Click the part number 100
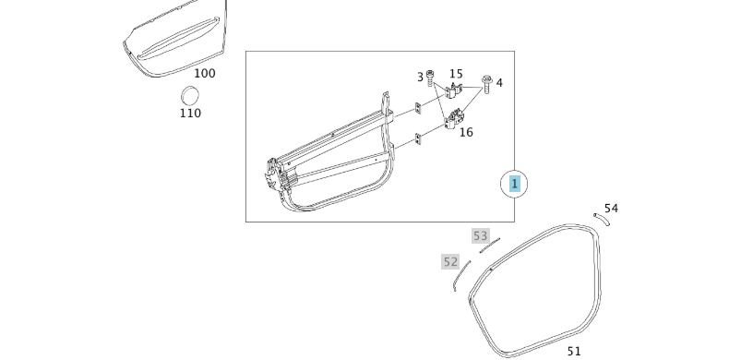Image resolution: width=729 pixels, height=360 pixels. click(204, 72)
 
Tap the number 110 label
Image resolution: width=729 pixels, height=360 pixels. click(190, 114)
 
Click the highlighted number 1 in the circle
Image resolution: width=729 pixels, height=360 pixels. click(514, 184)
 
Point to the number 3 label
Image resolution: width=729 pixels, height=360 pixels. click(420, 78)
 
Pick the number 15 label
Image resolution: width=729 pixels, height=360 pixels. click(456, 74)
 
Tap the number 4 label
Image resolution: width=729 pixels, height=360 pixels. click(499, 83)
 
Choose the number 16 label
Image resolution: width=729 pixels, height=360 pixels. click(466, 132)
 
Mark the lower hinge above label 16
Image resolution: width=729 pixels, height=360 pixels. click(452, 119)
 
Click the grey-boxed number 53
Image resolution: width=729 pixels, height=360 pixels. click(480, 236)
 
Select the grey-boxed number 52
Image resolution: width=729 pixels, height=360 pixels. click(450, 262)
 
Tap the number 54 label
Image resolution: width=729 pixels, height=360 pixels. click(611, 209)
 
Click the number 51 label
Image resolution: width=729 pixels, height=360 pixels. click(574, 351)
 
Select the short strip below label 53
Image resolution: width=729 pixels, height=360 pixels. click(488, 246)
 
